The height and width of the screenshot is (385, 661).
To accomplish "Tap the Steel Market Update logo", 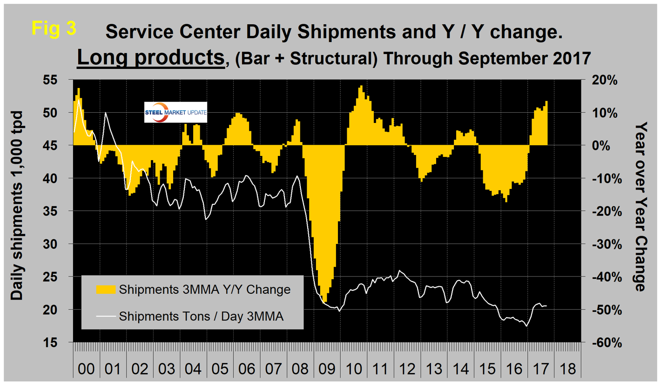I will point(176,112).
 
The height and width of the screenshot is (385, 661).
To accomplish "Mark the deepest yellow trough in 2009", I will point(324,302).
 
